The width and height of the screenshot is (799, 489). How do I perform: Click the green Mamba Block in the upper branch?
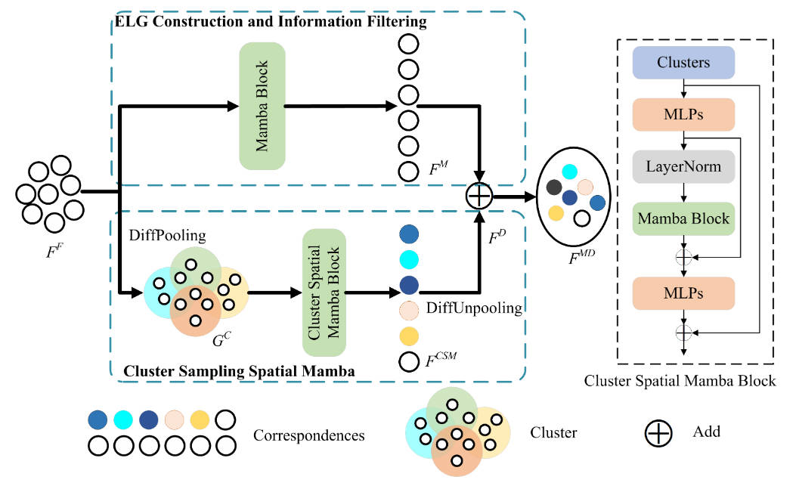click(262, 105)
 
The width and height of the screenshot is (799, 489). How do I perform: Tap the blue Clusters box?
click(683, 63)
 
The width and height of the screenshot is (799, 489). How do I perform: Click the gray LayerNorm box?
click(683, 165)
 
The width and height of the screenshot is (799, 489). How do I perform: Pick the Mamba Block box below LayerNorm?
click(683, 219)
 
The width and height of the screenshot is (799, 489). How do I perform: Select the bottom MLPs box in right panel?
click(683, 292)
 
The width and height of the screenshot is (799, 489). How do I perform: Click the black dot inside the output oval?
click(554, 187)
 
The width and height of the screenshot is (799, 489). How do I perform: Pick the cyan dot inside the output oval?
click(570, 172)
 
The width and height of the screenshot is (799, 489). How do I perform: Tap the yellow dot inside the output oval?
click(556, 213)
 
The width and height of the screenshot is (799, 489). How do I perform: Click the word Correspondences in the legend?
click(309, 435)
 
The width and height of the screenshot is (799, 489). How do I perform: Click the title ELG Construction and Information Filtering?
click(270, 22)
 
